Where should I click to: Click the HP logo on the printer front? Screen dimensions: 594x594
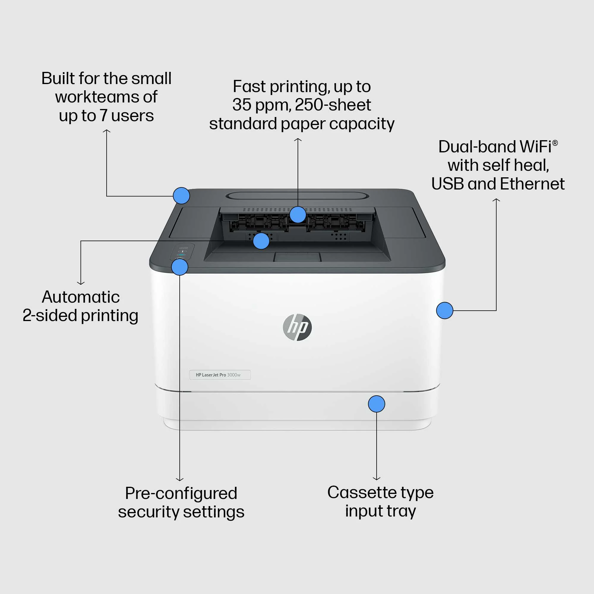coord(297,327)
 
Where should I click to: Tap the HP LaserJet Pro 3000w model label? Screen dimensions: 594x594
coord(220,375)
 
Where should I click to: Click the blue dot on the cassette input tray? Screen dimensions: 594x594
coord(376,404)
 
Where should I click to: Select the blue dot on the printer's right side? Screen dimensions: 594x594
coord(445,311)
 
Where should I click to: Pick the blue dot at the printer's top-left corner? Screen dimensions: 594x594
coord(181,195)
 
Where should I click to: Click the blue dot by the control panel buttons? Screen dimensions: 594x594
coord(180,267)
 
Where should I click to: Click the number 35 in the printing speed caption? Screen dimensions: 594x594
coord(242,105)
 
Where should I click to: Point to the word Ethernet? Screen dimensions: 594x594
coord(532,184)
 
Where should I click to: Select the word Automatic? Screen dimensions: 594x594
coord(80,297)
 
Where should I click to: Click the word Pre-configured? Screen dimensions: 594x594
coord(181,493)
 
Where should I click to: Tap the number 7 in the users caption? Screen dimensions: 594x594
coord(104,116)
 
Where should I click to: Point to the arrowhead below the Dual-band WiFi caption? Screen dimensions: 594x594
coord(496,200)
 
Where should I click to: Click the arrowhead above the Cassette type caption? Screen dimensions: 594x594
coord(376,478)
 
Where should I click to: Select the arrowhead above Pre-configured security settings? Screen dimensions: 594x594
coord(180,479)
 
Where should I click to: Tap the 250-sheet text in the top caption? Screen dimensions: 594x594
coord(333,105)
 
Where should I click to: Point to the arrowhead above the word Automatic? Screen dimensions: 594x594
coord(80,282)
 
